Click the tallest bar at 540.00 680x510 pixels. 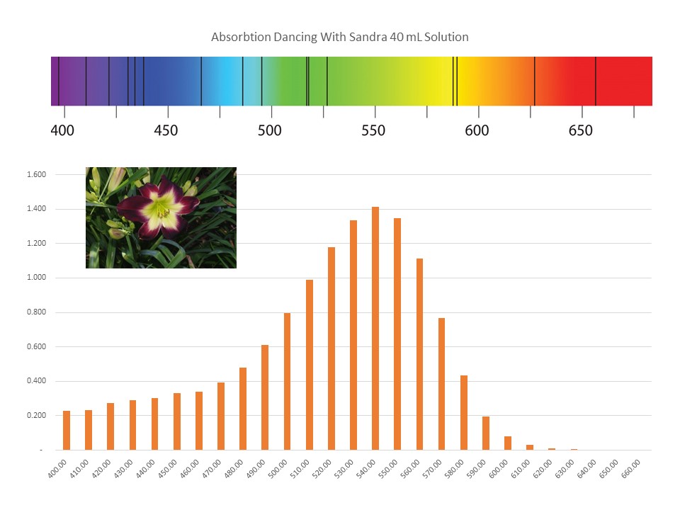(x=375, y=328)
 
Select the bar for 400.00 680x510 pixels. (x=67, y=430)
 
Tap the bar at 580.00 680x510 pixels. (x=463, y=412)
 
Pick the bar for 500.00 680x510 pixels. (x=287, y=381)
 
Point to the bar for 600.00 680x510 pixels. (x=508, y=443)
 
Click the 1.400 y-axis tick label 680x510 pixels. (x=36, y=208)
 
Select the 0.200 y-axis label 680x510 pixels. (x=36, y=416)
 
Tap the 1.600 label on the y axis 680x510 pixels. (x=36, y=174)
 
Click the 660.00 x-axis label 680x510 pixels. (x=630, y=469)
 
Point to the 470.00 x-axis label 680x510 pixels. (x=212, y=469)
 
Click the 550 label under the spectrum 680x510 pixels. (x=373, y=130)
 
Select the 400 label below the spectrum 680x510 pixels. (x=62, y=130)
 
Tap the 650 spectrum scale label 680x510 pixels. (x=581, y=130)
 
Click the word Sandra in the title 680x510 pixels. (x=368, y=37)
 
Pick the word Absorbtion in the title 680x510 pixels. (x=241, y=37)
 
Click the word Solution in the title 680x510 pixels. (x=446, y=37)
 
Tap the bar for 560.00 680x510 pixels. (x=419, y=354)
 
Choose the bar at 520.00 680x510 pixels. (x=331, y=348)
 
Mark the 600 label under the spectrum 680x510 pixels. (x=477, y=130)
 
